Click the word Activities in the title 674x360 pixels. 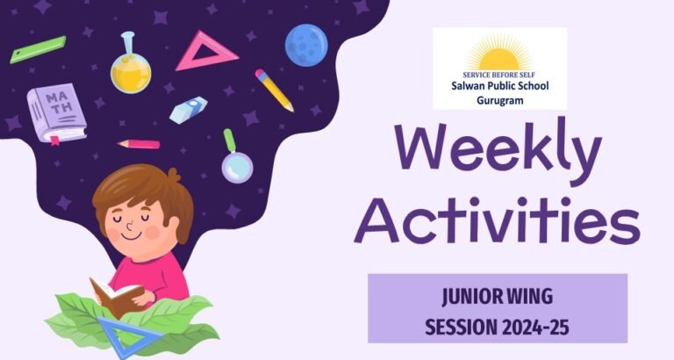(x=498, y=220)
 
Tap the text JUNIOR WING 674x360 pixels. (x=498, y=297)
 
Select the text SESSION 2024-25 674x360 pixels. (x=498, y=328)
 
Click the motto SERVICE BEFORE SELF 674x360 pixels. (x=499, y=75)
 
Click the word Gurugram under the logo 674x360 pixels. (x=500, y=101)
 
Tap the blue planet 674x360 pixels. (x=306, y=45)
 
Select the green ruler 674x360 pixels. (x=38, y=49)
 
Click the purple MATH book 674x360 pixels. (x=57, y=112)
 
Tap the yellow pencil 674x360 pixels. (x=274, y=90)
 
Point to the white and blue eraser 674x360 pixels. (x=189, y=110)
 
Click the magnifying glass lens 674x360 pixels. (x=237, y=168)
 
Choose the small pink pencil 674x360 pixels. (x=139, y=144)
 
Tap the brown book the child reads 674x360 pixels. (x=115, y=296)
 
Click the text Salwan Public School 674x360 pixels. (x=500, y=86)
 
